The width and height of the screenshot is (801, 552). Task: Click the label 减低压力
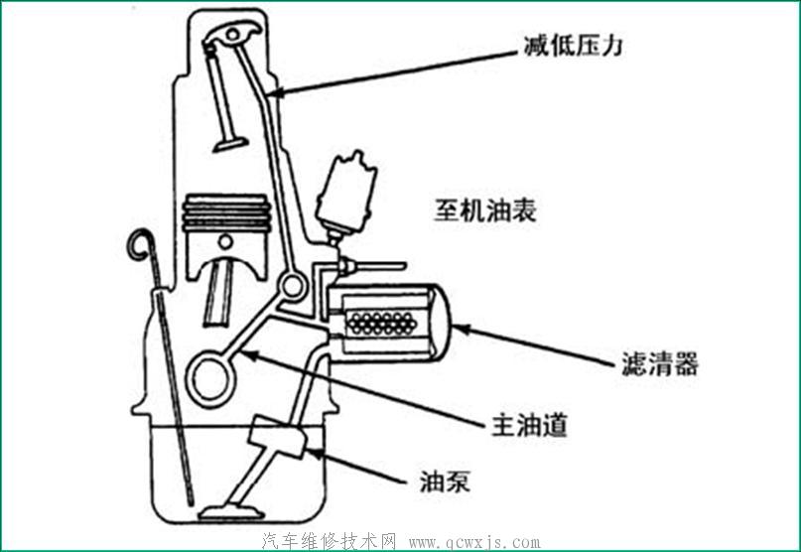(x=573, y=46)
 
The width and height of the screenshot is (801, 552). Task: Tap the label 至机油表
(x=485, y=209)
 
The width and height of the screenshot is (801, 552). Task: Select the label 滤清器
(x=659, y=364)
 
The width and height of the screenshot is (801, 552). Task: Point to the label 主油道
(x=529, y=424)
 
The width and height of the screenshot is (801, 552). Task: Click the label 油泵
(x=445, y=481)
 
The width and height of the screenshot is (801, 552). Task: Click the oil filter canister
(x=389, y=323)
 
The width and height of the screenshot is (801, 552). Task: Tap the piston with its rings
(x=226, y=235)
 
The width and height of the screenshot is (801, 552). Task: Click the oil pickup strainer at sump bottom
(x=228, y=512)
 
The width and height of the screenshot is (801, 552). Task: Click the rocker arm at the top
(x=231, y=34)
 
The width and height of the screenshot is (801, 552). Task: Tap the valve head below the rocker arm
(x=230, y=144)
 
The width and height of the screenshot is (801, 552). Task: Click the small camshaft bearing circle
(x=293, y=286)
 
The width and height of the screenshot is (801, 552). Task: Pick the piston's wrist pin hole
(x=225, y=241)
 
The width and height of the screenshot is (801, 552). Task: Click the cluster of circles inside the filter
(x=381, y=323)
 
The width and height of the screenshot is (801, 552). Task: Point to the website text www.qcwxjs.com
(x=474, y=542)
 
